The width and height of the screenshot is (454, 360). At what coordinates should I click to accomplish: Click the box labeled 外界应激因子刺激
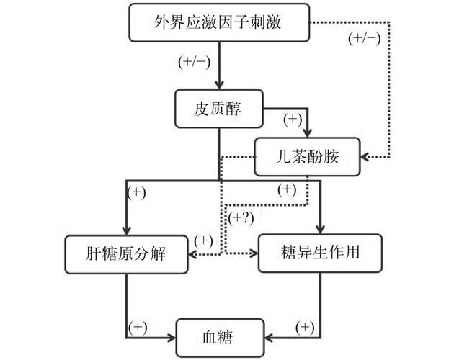tap(219, 22)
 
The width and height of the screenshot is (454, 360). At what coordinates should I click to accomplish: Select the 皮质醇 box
tap(219, 109)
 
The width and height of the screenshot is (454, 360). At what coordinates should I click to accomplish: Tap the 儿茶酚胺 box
tap(307, 156)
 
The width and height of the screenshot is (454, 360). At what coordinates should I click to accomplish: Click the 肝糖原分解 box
tap(126, 254)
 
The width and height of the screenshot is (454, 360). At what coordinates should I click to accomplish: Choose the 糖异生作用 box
tap(320, 253)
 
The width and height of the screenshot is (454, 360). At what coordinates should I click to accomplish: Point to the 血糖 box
tap(220, 338)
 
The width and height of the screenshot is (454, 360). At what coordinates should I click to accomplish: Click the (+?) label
tap(241, 218)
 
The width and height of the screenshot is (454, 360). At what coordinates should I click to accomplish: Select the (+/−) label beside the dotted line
tap(364, 39)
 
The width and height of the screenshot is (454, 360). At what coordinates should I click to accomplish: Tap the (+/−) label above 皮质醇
tap(194, 62)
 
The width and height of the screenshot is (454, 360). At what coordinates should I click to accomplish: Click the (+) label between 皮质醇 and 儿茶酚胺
tap(293, 120)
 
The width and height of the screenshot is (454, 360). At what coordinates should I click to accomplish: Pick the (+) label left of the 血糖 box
tap(138, 328)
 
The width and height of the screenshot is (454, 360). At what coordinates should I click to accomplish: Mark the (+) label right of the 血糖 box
tap(305, 328)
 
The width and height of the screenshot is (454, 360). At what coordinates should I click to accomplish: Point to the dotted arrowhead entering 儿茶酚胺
tap(364, 157)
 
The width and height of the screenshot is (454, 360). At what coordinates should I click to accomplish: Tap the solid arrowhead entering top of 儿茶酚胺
tap(307, 133)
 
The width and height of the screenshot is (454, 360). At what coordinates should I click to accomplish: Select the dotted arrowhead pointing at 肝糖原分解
tap(192, 254)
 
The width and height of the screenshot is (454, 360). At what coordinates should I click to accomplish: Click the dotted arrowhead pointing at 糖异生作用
tap(254, 253)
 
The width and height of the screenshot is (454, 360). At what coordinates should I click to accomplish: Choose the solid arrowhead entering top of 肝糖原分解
tap(126, 231)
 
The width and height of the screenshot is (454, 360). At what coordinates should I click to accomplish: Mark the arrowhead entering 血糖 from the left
tap(172, 338)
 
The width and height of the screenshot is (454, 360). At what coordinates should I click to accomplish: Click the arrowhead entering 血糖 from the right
tap(269, 338)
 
